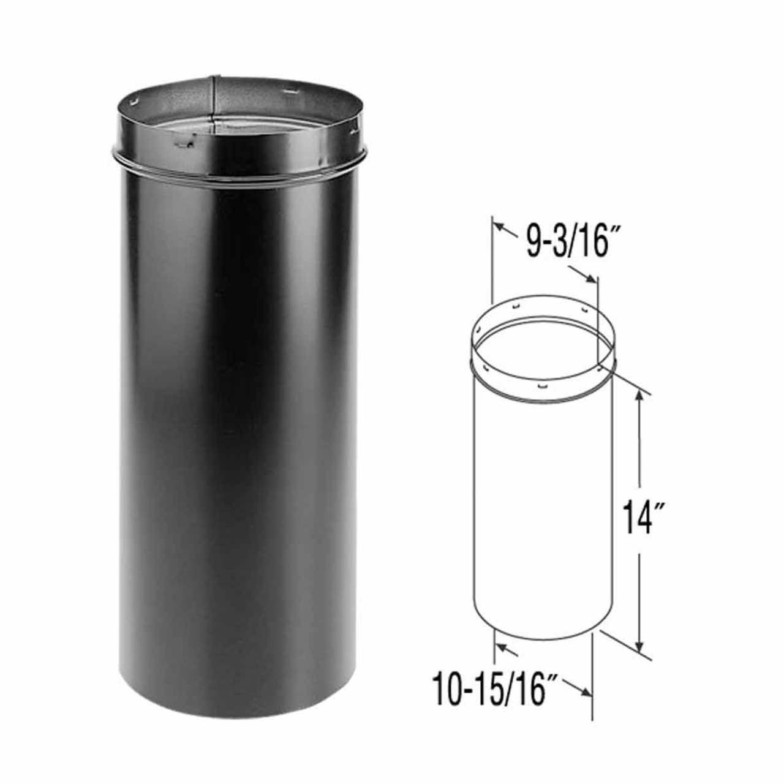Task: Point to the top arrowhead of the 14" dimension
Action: click(x=640, y=397)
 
